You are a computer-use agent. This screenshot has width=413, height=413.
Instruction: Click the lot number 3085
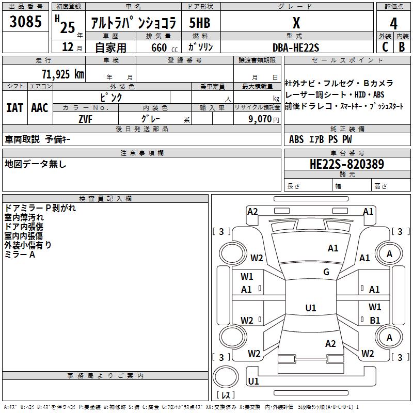pyautogui.click(x=26, y=22)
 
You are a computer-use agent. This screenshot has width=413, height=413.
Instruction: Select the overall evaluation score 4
pyautogui.click(x=394, y=24)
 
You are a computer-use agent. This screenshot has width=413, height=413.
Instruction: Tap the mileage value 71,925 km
pyautogui.click(x=62, y=74)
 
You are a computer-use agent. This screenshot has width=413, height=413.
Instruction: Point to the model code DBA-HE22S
pyautogui.click(x=296, y=47)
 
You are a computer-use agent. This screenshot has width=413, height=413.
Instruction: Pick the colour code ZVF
pyautogui.click(x=85, y=119)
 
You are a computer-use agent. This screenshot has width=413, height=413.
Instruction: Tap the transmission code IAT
pyautogui.click(x=14, y=107)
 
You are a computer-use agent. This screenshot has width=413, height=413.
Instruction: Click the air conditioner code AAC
pyautogui.click(x=39, y=107)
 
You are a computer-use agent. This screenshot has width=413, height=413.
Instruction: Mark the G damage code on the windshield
pyautogui.click(x=326, y=272)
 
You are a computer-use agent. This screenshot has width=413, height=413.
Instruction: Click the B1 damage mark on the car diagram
pyautogui.click(x=375, y=320)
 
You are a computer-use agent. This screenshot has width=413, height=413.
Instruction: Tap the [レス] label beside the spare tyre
pyautogui.click(x=225, y=395)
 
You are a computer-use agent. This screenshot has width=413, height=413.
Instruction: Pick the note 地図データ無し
pyautogui.click(x=36, y=164)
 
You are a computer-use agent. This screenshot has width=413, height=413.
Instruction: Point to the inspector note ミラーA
pyautogui.click(x=20, y=255)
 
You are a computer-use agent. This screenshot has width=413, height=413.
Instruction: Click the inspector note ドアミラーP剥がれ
pyautogui.click(x=40, y=208)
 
